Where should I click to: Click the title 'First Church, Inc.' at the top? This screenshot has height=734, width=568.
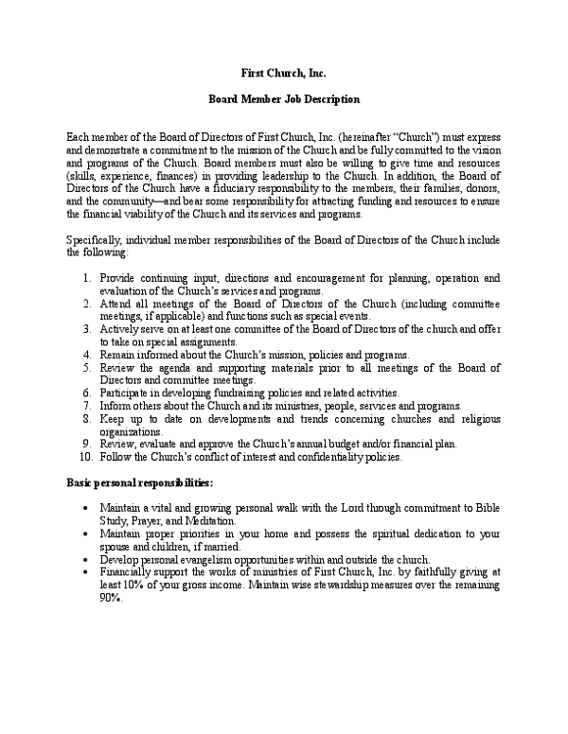click(283, 73)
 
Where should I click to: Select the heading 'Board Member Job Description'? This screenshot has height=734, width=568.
click(283, 99)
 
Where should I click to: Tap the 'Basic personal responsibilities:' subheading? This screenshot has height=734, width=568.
click(133, 482)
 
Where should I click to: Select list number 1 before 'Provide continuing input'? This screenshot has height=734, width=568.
click(86, 278)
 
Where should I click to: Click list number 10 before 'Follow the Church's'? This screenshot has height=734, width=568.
click(83, 458)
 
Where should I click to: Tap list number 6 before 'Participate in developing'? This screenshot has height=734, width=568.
click(86, 393)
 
